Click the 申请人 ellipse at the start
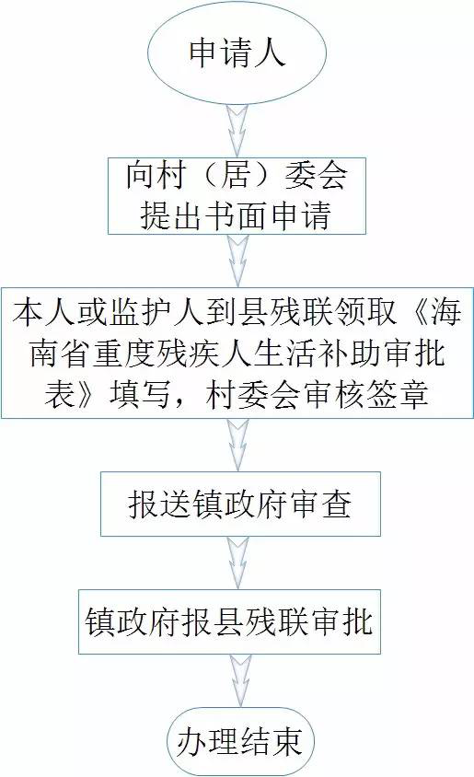(x=237, y=52)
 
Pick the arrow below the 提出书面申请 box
(x=237, y=261)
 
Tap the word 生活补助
(x=315, y=354)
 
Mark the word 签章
(x=398, y=395)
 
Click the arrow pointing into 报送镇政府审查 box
(x=237, y=445)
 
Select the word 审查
(x=321, y=504)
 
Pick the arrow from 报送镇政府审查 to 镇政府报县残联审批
(x=237, y=562)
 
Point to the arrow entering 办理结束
(x=239, y=680)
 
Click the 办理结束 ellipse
(x=239, y=742)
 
